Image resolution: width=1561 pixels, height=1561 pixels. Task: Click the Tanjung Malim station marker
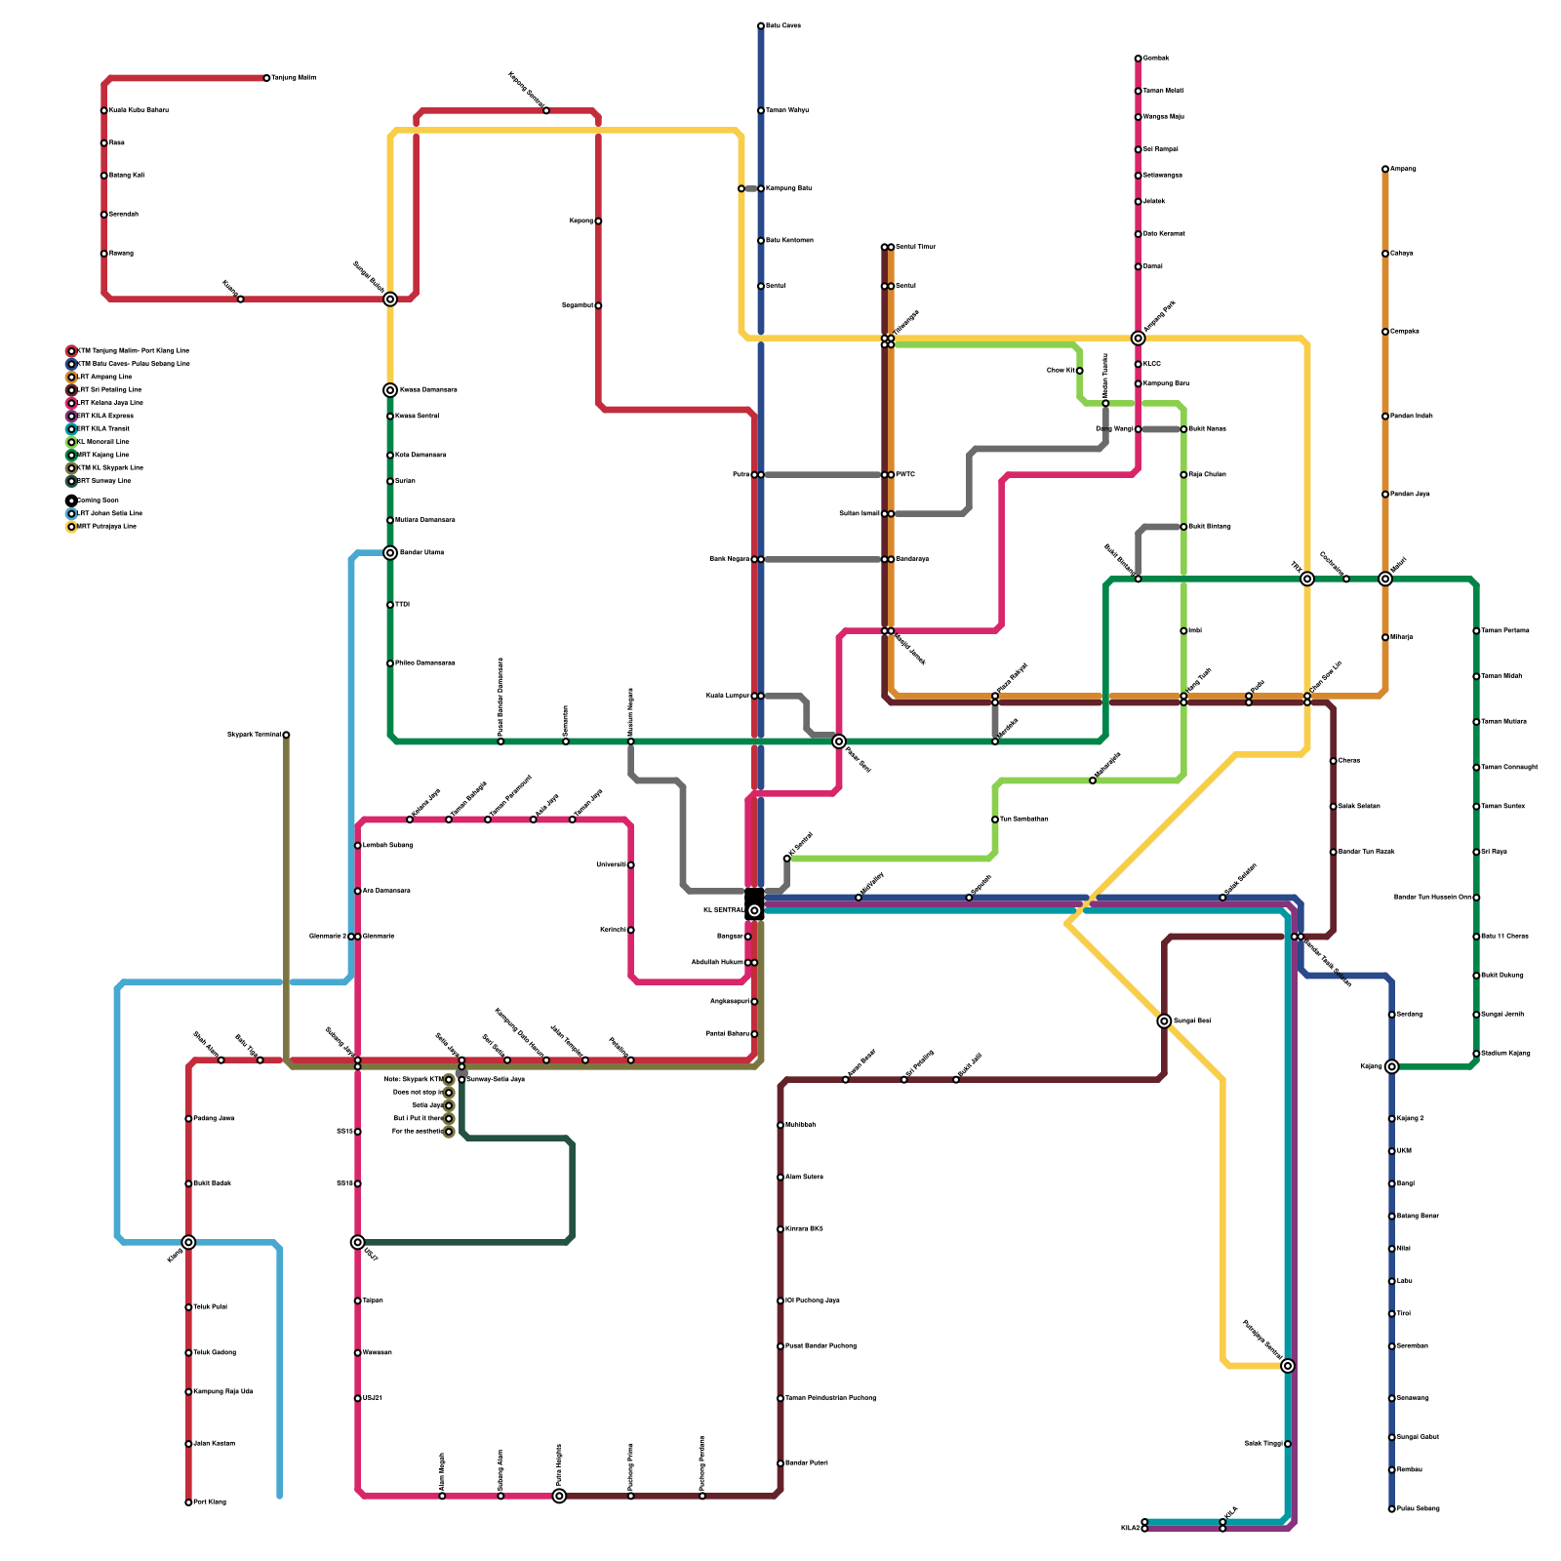click(x=266, y=78)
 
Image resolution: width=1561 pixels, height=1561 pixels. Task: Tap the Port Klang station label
click(x=210, y=1501)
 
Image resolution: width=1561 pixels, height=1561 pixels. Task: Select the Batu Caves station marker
click(x=761, y=25)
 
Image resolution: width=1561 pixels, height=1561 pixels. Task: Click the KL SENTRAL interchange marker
click(x=754, y=910)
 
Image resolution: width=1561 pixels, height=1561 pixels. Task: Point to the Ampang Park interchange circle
click(x=1138, y=339)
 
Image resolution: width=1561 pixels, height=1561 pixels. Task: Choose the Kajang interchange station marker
click(x=1391, y=1066)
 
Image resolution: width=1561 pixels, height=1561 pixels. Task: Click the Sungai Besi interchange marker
click(x=1164, y=1021)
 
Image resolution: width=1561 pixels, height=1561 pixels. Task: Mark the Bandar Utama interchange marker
click(x=390, y=553)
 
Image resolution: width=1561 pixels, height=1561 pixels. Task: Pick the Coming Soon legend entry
click(x=98, y=500)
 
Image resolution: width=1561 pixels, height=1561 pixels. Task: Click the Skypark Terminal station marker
click(x=286, y=735)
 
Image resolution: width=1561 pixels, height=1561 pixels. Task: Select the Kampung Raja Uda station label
click(x=223, y=1391)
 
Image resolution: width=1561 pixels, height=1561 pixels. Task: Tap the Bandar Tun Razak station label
click(x=1366, y=852)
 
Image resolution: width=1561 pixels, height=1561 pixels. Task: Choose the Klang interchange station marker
click(x=188, y=1242)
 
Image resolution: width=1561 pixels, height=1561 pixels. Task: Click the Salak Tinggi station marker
click(x=1288, y=1444)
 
